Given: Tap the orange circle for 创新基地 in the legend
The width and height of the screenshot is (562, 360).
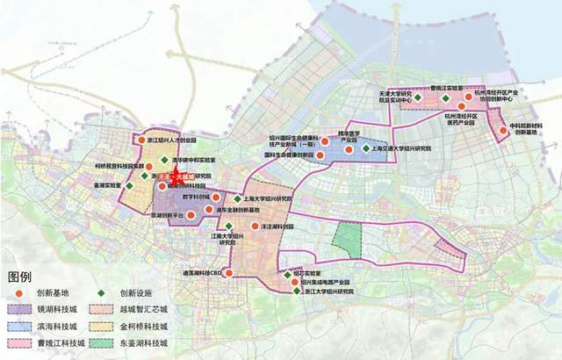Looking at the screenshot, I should click(x=18, y=293).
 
